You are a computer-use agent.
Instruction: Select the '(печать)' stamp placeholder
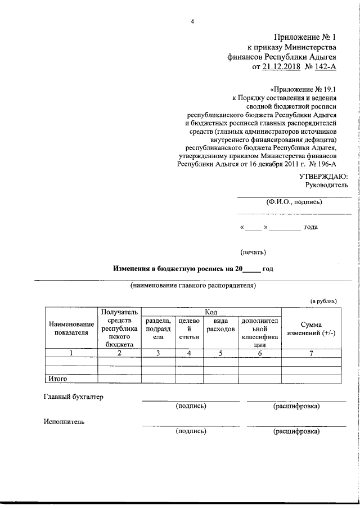[x=253, y=251]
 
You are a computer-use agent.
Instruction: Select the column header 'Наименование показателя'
[x=71, y=328]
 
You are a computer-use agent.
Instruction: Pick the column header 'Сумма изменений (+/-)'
[x=310, y=329]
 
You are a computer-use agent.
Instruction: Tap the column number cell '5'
[x=220, y=353]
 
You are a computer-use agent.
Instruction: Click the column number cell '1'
[x=71, y=353]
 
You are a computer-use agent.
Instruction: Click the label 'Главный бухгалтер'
[x=73, y=397]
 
